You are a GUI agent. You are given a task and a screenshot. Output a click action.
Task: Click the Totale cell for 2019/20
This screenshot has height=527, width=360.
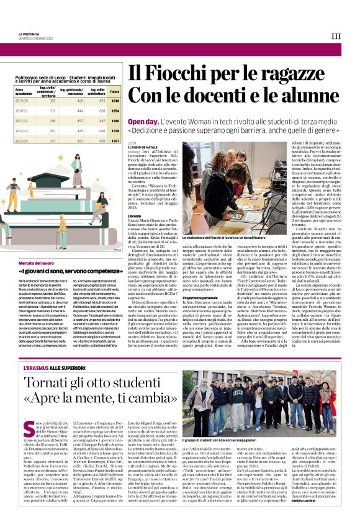(114, 100)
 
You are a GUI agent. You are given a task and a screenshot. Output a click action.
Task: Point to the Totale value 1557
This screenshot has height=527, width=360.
(114, 140)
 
